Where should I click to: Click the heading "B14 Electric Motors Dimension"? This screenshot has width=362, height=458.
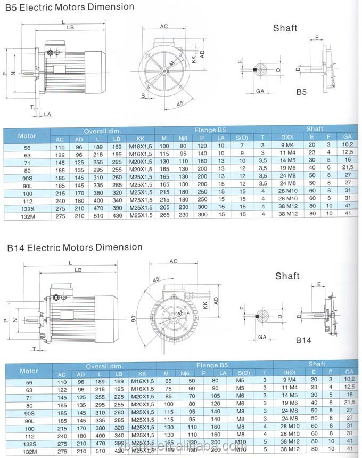[75, 247]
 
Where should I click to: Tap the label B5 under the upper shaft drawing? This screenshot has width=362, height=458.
[301, 92]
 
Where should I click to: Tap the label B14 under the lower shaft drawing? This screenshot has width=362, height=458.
[303, 339]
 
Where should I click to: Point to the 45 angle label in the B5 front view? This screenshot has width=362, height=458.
[180, 103]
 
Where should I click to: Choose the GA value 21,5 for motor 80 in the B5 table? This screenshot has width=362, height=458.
[348, 167]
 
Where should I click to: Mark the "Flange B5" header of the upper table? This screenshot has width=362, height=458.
[212, 130]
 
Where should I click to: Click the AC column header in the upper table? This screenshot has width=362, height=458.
[60, 139]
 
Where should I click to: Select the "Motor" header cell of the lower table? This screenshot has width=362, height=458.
[28, 371]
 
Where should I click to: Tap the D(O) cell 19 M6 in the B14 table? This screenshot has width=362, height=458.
[291, 404]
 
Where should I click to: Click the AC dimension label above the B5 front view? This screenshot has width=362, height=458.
[164, 26]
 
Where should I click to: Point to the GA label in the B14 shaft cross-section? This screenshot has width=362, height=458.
[261, 337]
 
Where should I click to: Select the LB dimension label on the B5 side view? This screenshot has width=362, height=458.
[70, 28]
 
